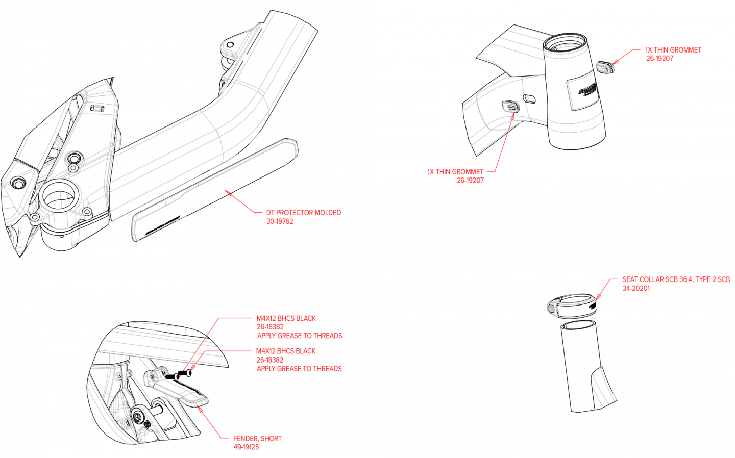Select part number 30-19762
pos(279,221)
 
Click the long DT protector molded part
pos(214,189)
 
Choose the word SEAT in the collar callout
pos(630,279)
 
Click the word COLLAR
pos(652,279)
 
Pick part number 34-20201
pos(636,288)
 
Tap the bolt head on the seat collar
pos(552,308)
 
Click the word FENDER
pos(245,439)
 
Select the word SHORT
pos(271,439)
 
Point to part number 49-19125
pos(246,447)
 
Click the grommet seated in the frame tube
pos(510,106)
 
